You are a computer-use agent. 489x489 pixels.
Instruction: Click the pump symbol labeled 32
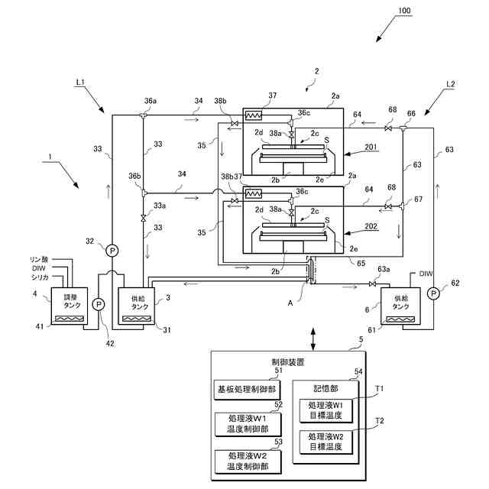(112, 251)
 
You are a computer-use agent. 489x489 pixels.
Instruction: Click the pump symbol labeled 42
(99, 304)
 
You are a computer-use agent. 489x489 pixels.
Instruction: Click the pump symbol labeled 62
(433, 293)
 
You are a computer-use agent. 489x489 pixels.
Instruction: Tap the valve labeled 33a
(143, 218)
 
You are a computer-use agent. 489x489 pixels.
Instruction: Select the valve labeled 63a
(372, 283)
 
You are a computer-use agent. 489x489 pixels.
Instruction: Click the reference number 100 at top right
(404, 10)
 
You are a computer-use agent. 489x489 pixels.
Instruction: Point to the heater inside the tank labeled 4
(70, 319)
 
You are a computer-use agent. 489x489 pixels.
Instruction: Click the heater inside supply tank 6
(400, 319)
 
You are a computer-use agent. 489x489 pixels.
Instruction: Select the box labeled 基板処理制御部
(247, 390)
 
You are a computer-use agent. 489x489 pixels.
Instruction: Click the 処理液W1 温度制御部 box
(248, 424)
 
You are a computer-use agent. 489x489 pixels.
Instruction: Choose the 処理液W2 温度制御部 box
(248, 461)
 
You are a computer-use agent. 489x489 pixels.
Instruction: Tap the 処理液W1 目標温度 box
(326, 411)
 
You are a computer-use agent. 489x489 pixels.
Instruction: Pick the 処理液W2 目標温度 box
(326, 442)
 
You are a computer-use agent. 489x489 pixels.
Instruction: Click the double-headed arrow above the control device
(313, 338)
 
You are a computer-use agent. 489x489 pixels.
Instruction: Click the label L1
(80, 83)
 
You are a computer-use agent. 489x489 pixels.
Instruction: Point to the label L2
(450, 84)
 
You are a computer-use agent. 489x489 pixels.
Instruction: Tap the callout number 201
(371, 147)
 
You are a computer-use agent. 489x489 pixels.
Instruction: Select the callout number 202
(371, 226)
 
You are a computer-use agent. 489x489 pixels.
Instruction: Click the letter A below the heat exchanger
(290, 303)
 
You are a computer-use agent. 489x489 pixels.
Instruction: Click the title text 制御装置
(288, 362)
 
